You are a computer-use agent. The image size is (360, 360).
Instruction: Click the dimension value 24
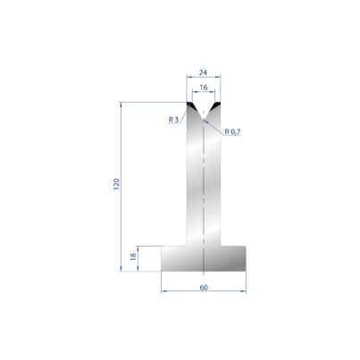point(204,72)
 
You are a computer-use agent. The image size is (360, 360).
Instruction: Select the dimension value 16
point(204,88)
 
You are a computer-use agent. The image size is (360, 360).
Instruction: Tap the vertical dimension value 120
point(116,184)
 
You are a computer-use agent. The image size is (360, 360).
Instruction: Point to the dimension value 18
point(133,256)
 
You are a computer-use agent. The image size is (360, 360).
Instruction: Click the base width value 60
point(204,288)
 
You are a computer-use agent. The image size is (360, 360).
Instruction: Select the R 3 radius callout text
point(173,120)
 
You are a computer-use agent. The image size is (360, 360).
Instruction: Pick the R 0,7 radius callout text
point(232,131)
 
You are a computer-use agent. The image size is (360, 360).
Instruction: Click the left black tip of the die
point(190,105)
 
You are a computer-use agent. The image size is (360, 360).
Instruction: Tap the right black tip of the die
point(217,105)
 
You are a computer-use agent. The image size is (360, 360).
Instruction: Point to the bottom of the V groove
point(204,120)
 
